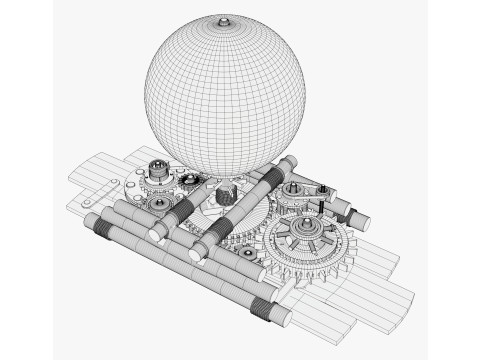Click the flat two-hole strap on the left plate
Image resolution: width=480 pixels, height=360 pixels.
coord(91,199)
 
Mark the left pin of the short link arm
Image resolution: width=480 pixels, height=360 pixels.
coord(293,188)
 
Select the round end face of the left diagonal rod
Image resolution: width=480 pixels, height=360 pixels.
coord(155,234)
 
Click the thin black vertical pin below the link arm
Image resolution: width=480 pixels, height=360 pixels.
coord(311,208)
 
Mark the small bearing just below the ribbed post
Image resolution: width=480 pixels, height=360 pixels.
coord(157,205)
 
